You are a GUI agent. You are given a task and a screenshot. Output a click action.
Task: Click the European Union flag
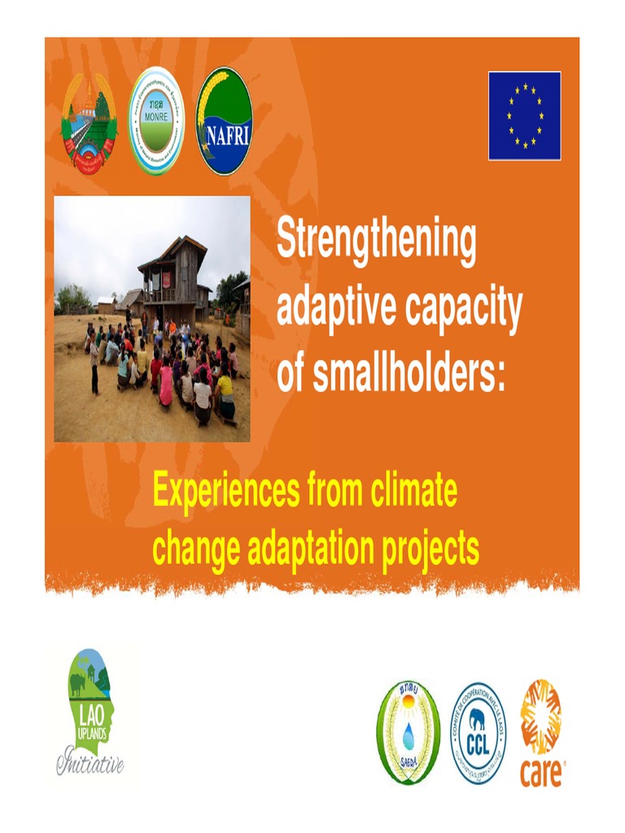524,116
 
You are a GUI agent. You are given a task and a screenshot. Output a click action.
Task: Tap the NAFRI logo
224,120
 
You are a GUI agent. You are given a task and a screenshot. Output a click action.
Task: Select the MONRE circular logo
156,120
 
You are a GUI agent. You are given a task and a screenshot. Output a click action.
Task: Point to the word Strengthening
376,241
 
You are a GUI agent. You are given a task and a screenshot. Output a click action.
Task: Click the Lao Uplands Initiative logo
90,710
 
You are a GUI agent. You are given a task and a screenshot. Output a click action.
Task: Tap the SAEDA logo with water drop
408,732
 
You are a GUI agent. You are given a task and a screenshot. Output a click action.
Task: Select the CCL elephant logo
478,732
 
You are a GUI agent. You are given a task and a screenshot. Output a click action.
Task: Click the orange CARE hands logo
541,716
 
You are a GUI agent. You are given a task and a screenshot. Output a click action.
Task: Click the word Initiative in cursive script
90,763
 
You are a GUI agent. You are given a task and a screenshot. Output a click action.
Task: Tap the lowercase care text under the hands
541,772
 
